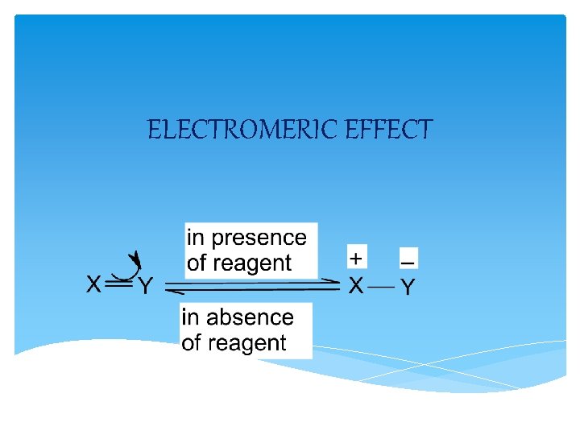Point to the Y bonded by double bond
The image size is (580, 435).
pos(145,286)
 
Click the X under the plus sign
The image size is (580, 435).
pos(356,285)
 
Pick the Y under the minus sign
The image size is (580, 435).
pos(408,287)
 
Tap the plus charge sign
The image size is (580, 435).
pos(357,257)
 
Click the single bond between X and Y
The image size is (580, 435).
pos(383,286)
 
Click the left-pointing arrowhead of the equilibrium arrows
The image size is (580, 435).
pos(173,288)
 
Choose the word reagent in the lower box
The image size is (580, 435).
pos(246,343)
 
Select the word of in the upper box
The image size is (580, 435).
pos(197,263)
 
